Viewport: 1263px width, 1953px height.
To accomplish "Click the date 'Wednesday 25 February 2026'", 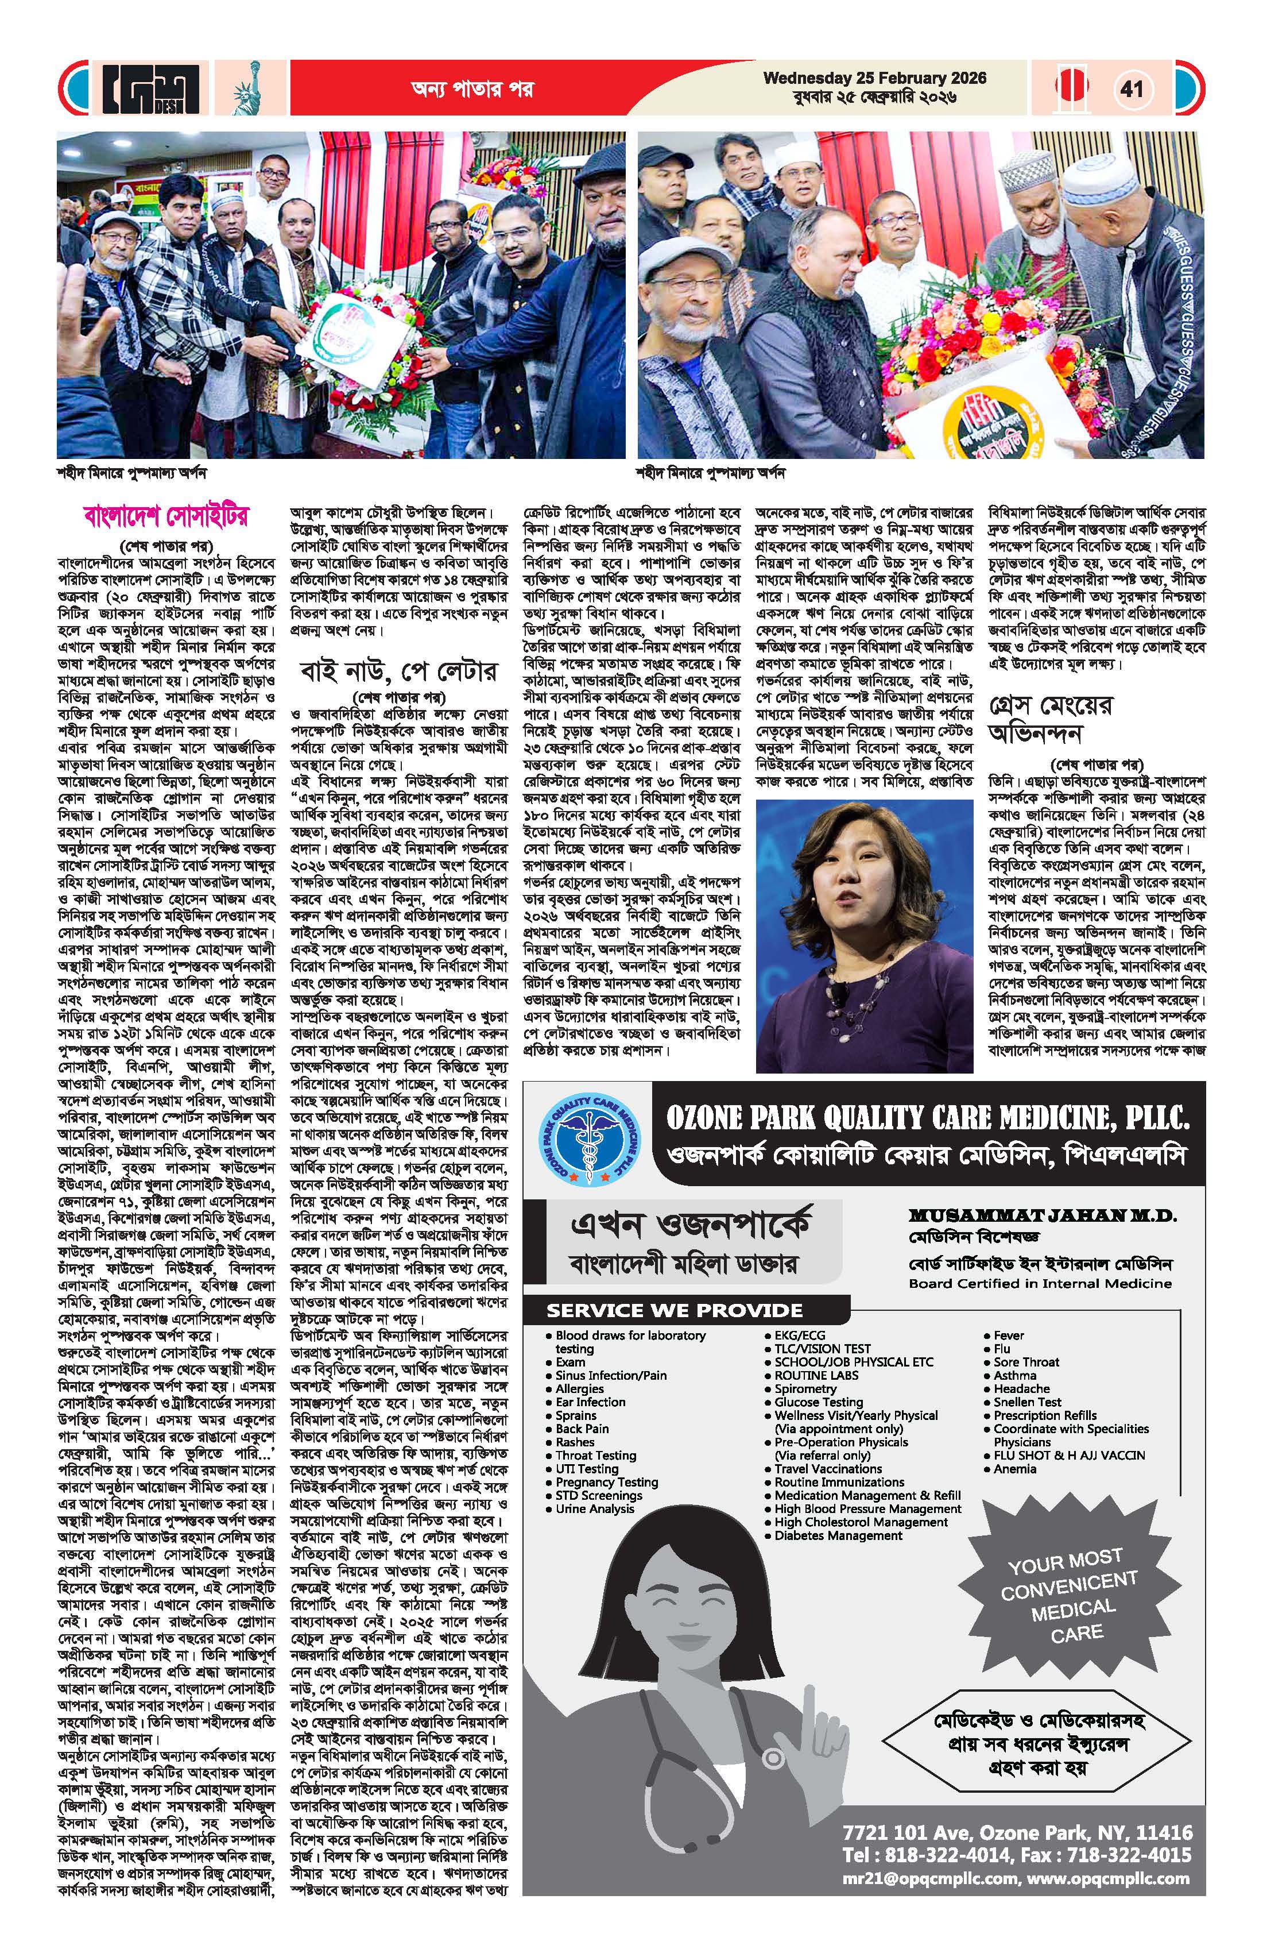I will pos(874,79).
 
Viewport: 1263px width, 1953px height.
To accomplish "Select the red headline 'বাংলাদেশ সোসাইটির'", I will pos(166,517).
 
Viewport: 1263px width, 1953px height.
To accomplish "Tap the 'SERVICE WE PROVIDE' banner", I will pos(674,1310).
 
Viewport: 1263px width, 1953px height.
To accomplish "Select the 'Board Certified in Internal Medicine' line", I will pos(1040,1283).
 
